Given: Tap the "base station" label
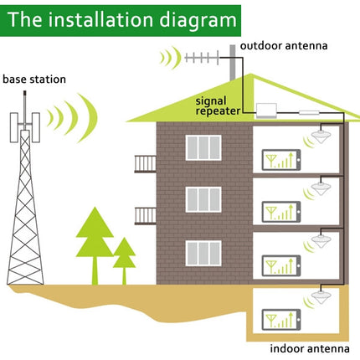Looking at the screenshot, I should tap(34, 80).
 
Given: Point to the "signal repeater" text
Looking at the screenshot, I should tap(219, 105).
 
